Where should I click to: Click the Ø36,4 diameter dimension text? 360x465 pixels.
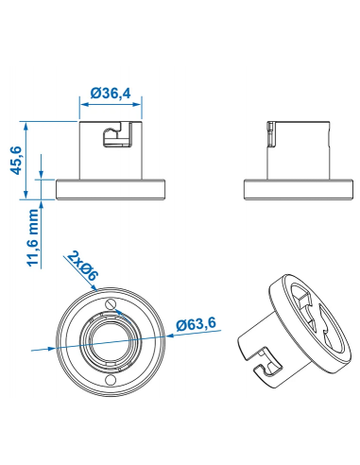(x=112, y=93)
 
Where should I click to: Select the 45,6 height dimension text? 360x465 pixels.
(x=14, y=158)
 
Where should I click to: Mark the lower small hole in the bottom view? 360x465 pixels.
(x=111, y=380)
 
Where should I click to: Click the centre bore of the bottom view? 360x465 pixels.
(x=111, y=341)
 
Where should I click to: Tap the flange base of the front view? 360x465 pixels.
(x=112, y=188)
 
